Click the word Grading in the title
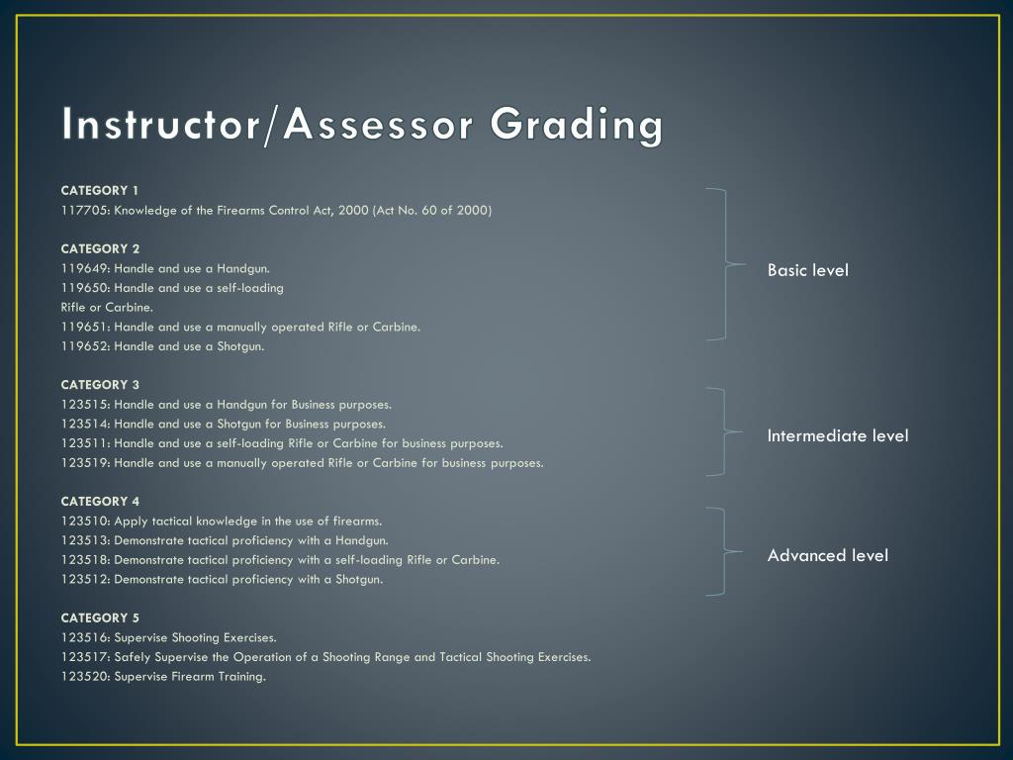(577, 126)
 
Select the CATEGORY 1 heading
(100, 190)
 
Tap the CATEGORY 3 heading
(100, 384)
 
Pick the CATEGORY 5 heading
(100, 617)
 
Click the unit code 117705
(84, 210)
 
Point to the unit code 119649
(84, 268)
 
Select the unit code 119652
(84, 346)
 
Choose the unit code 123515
(84, 404)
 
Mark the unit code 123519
(84, 462)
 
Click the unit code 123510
(84, 521)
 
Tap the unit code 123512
(84, 579)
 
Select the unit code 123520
(84, 676)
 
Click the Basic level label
(807, 270)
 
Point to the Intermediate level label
(837, 435)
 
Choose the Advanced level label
(827, 555)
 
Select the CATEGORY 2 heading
(100, 248)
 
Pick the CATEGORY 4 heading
(100, 501)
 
